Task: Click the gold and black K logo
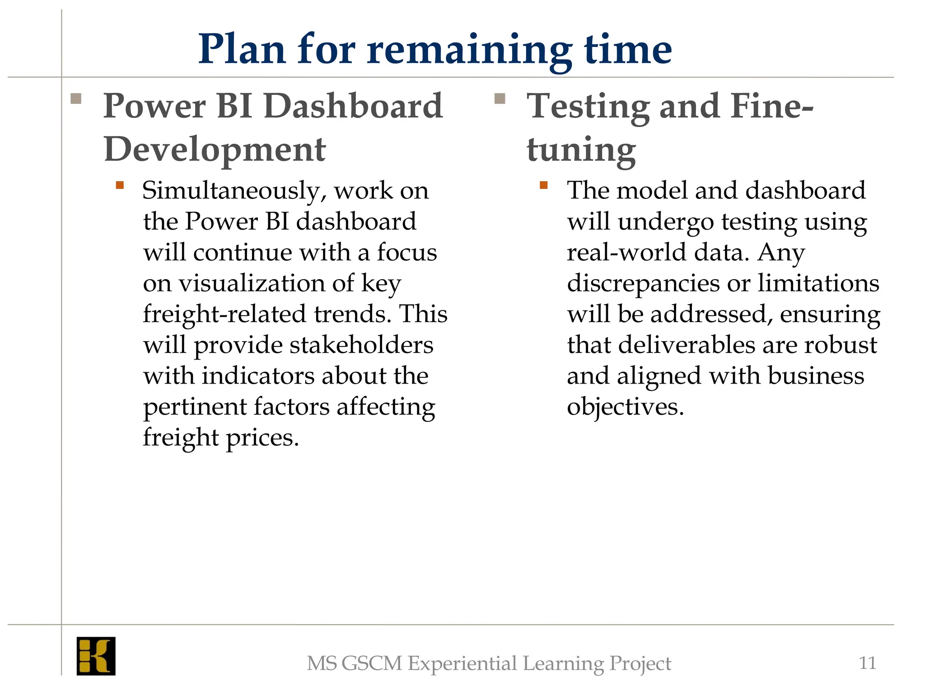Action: pyautogui.click(x=96, y=656)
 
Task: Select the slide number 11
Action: pyautogui.click(x=867, y=663)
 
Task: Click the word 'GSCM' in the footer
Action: pyautogui.click(x=372, y=663)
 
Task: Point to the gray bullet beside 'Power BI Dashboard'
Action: pyautogui.click(x=76, y=98)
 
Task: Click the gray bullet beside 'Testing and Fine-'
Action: pyautogui.click(x=500, y=98)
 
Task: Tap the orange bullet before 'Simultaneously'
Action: pyautogui.click(x=120, y=185)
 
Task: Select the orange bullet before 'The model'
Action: pyautogui.click(x=544, y=185)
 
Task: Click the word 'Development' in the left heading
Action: pyautogui.click(x=215, y=149)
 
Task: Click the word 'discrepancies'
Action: pyautogui.click(x=643, y=284)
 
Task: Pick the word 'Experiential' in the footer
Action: pyautogui.click(x=462, y=663)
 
